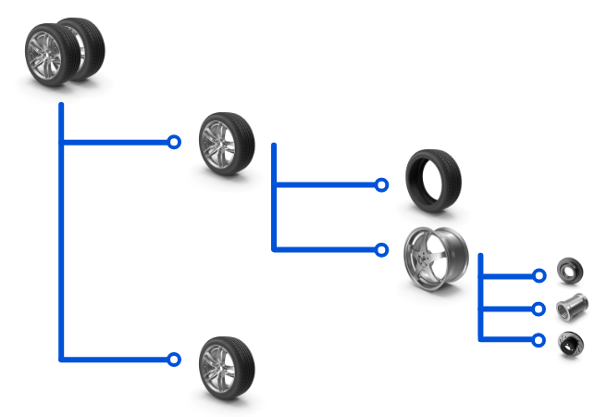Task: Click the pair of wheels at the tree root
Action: click(64, 50)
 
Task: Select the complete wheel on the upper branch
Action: click(227, 142)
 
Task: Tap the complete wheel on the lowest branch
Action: click(227, 367)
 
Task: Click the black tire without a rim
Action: click(432, 180)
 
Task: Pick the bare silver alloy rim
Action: click(436, 254)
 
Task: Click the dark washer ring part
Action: click(570, 272)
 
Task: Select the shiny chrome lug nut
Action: click(571, 305)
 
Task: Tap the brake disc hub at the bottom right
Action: click(570, 343)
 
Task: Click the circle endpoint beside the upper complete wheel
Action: click(174, 142)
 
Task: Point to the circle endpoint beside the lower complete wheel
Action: click(174, 360)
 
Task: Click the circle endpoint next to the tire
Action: click(381, 185)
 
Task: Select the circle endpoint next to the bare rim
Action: click(381, 249)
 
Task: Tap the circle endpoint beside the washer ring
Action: click(539, 275)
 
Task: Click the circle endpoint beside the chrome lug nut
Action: click(539, 309)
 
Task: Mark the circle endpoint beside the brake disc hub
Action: click(539, 340)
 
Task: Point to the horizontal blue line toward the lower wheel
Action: click(116, 360)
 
